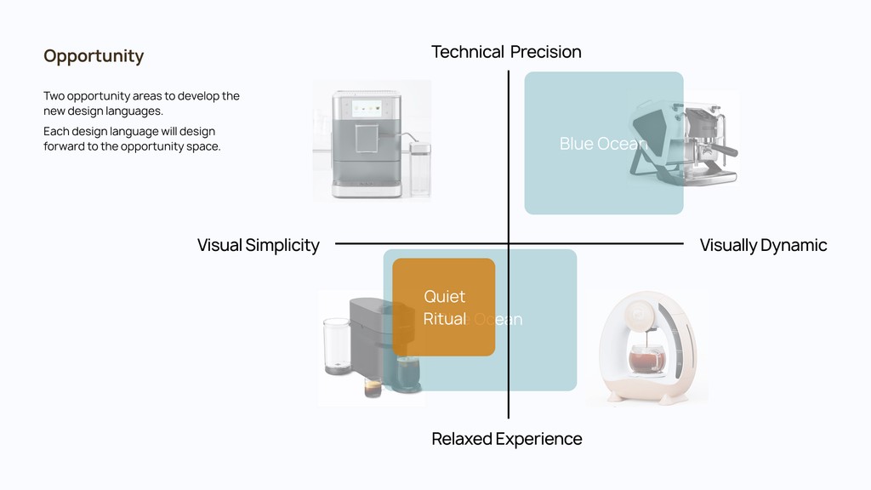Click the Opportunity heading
(94, 56)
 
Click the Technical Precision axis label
(506, 52)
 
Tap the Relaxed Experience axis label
(506, 439)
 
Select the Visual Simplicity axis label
(258, 245)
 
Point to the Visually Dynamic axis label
(763, 245)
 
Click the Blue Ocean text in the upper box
(603, 144)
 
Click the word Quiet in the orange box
(444, 296)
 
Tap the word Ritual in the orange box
(444, 319)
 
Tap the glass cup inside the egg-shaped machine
(646, 361)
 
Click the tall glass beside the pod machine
(336, 345)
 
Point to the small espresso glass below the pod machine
(372, 386)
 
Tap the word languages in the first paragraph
(134, 111)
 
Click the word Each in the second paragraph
(55, 131)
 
